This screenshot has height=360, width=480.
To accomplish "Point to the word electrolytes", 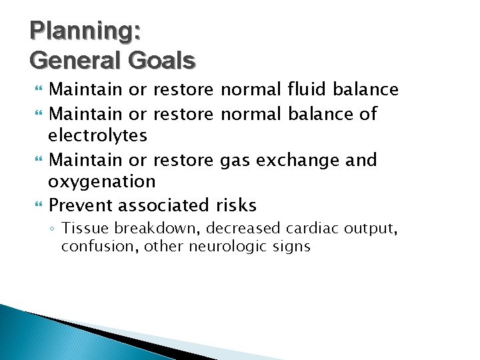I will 97,136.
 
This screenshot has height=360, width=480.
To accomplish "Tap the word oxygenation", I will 101,182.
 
